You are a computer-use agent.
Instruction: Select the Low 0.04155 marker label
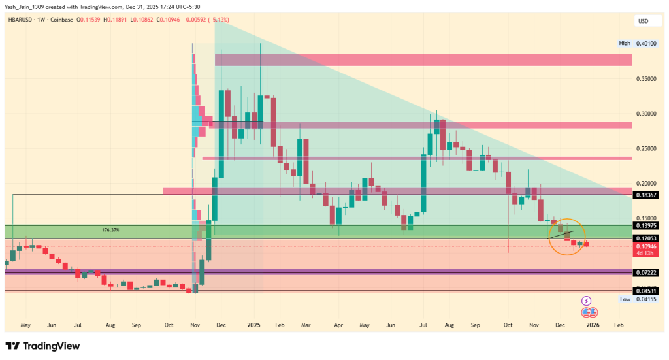(x=634, y=299)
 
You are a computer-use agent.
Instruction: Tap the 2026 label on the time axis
(x=593, y=324)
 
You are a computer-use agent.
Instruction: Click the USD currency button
(x=643, y=22)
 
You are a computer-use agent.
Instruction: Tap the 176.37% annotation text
(x=112, y=230)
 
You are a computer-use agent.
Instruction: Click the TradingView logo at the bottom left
(x=42, y=346)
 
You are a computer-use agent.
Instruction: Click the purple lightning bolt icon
(x=586, y=301)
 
